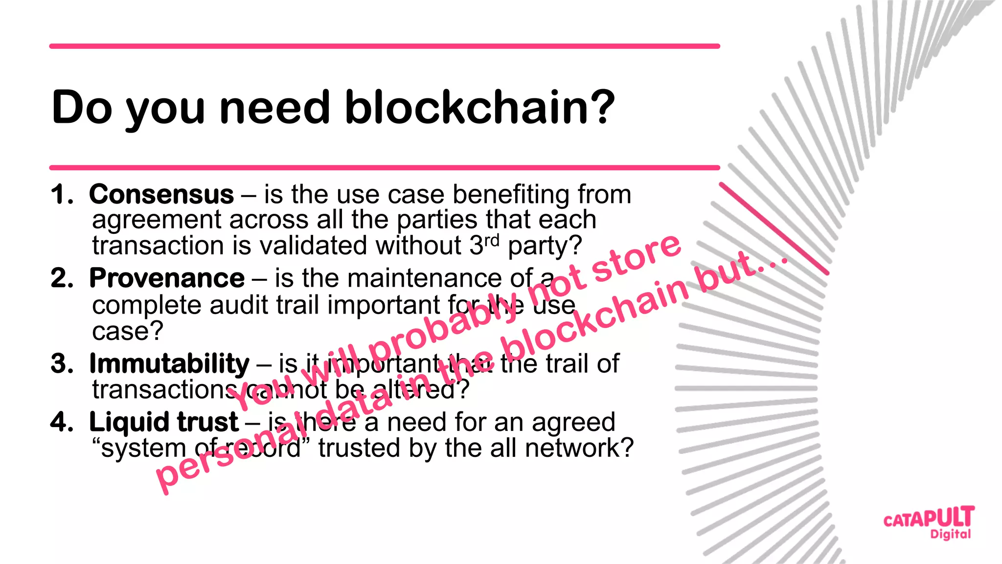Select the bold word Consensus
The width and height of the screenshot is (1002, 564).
coord(161,195)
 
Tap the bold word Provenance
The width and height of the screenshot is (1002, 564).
coord(167,278)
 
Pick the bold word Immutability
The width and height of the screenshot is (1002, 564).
coord(169,364)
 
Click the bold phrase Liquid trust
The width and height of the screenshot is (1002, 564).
coord(163,422)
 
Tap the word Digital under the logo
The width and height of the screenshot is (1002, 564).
coord(951,534)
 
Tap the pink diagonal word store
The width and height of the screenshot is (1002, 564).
coord(636,258)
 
